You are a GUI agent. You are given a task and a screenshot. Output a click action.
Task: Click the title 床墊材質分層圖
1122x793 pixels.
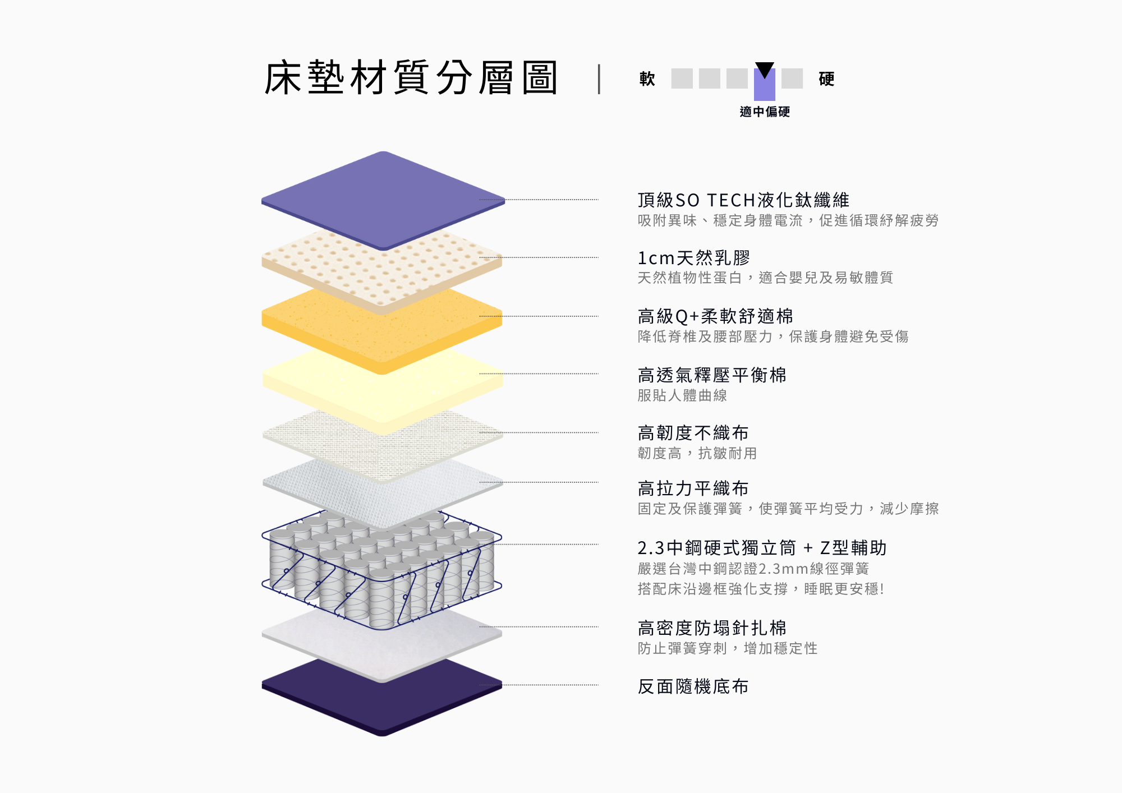pyautogui.click(x=411, y=78)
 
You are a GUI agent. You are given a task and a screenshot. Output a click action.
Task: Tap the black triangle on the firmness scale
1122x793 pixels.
pyautogui.click(x=765, y=70)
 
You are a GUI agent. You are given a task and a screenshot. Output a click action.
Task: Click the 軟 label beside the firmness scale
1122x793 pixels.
pyautogui.click(x=647, y=79)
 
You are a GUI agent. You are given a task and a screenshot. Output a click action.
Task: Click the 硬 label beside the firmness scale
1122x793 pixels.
pyautogui.click(x=826, y=79)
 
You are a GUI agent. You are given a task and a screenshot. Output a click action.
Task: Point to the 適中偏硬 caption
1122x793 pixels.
pyautogui.click(x=765, y=112)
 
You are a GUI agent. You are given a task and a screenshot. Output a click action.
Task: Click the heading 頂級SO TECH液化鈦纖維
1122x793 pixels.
pyautogui.click(x=743, y=200)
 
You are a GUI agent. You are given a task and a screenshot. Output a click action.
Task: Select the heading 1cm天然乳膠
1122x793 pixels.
pyautogui.click(x=694, y=258)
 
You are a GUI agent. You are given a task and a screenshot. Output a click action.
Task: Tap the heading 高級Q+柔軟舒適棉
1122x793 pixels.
pyautogui.click(x=715, y=316)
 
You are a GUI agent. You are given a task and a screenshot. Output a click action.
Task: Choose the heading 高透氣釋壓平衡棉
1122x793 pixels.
pyautogui.click(x=712, y=375)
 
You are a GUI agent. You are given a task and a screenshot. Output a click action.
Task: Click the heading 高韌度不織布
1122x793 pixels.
pyautogui.click(x=693, y=432)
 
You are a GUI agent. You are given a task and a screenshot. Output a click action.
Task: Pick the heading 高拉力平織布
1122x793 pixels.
pyautogui.click(x=693, y=488)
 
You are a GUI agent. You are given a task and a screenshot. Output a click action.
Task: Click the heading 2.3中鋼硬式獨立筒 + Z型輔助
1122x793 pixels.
pyautogui.click(x=762, y=547)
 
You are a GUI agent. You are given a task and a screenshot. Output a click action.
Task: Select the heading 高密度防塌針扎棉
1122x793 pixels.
pyautogui.click(x=712, y=628)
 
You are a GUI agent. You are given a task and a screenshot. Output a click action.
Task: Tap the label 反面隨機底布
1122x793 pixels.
pyautogui.click(x=693, y=686)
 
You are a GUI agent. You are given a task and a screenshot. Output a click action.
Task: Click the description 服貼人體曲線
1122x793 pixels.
pyautogui.click(x=682, y=395)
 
